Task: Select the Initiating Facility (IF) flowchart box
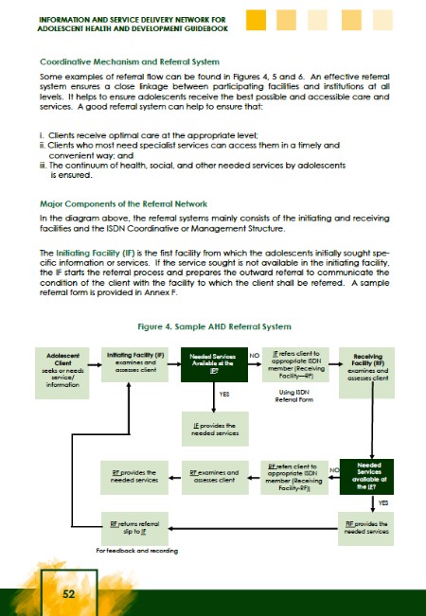coord(133,364)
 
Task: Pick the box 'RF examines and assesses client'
coord(214,474)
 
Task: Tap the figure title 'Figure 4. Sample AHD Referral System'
coord(212,326)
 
